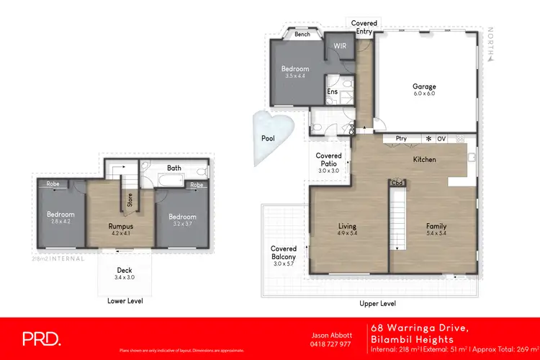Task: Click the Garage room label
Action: [x=424, y=86]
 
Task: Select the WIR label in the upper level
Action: [x=341, y=45]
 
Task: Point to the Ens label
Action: [x=333, y=91]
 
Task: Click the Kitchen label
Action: [x=424, y=159]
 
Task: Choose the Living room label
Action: [x=348, y=227]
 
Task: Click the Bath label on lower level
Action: [x=174, y=168]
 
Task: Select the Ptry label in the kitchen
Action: [x=401, y=138]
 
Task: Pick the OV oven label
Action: [x=441, y=138]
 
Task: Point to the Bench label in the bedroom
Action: [x=302, y=34]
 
